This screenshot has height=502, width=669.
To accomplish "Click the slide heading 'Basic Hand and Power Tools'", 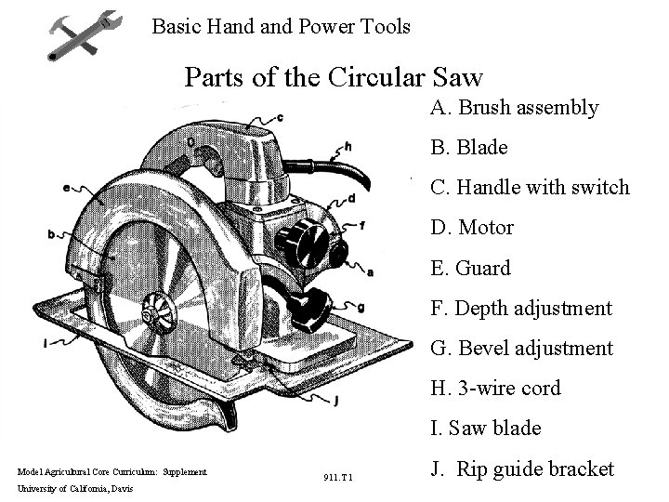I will tap(281, 26).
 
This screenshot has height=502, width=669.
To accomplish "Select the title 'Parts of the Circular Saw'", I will tap(334, 75).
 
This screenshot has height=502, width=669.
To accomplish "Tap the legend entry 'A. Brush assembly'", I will tap(514, 108).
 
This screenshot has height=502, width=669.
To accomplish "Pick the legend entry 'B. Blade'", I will tap(468, 148).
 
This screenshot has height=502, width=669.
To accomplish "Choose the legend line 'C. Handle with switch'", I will tap(530, 188).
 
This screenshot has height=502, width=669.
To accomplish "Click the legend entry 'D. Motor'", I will tap(472, 228).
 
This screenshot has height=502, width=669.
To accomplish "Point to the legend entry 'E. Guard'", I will tap(470, 269).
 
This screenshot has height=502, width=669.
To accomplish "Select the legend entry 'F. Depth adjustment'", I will tap(521, 309).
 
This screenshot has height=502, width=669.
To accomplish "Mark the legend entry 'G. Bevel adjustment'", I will tap(521, 349).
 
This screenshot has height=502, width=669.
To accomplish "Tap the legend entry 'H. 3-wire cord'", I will tap(495, 389).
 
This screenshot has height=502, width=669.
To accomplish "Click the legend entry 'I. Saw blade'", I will tap(485, 429).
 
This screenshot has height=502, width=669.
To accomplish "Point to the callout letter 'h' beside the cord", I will tap(348, 146).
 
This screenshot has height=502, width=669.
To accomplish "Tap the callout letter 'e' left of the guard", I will tap(66, 188).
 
